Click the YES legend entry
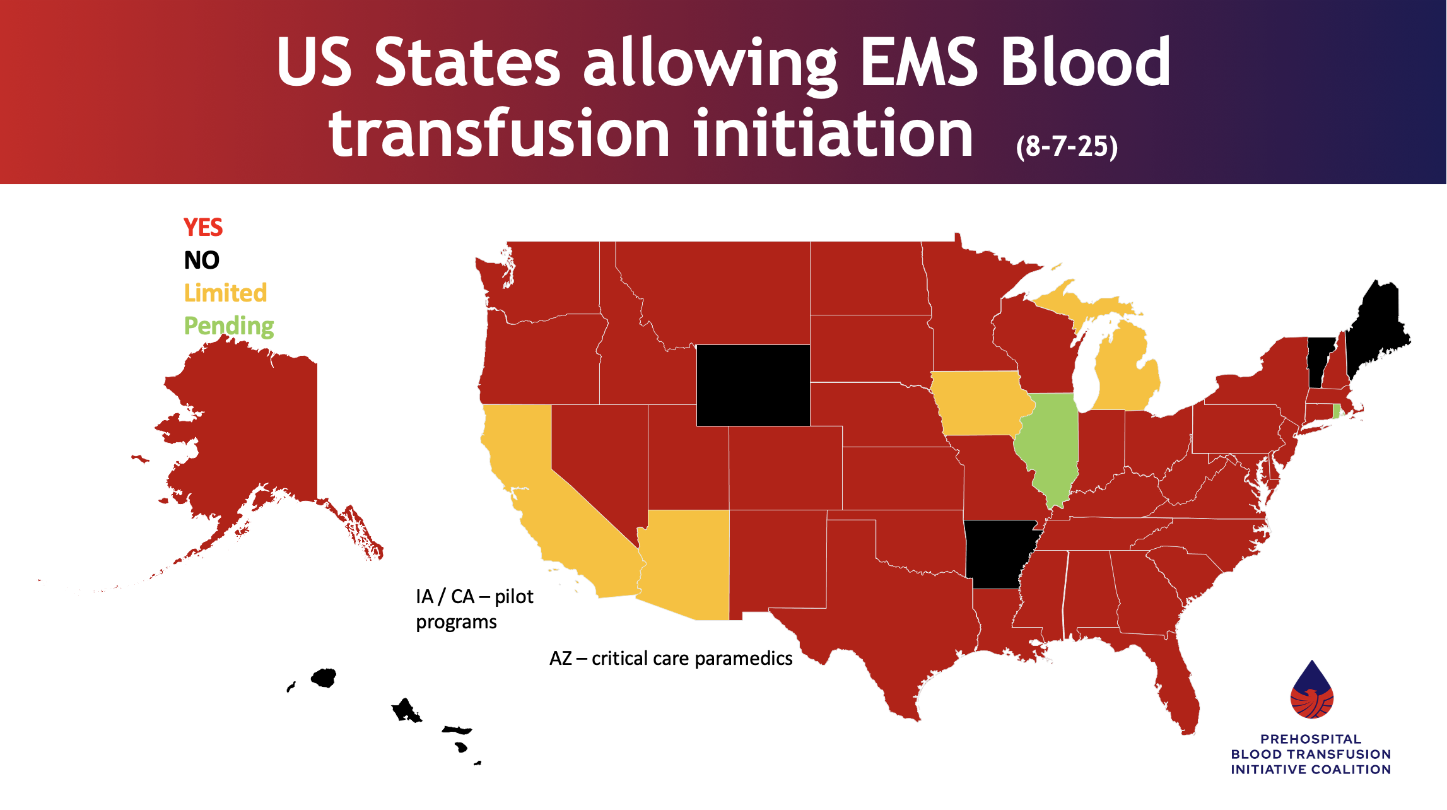coord(202,227)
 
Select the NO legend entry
coord(201,260)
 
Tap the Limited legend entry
coord(225,293)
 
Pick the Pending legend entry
coord(228,326)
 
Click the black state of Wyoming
coord(753,385)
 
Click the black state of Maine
coord(1375,328)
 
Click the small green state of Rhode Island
coord(1336,411)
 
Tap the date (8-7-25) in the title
coord(1067,146)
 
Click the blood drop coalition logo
coord(1311,691)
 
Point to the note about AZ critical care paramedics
coord(671,659)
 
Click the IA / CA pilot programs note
coord(474,609)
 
